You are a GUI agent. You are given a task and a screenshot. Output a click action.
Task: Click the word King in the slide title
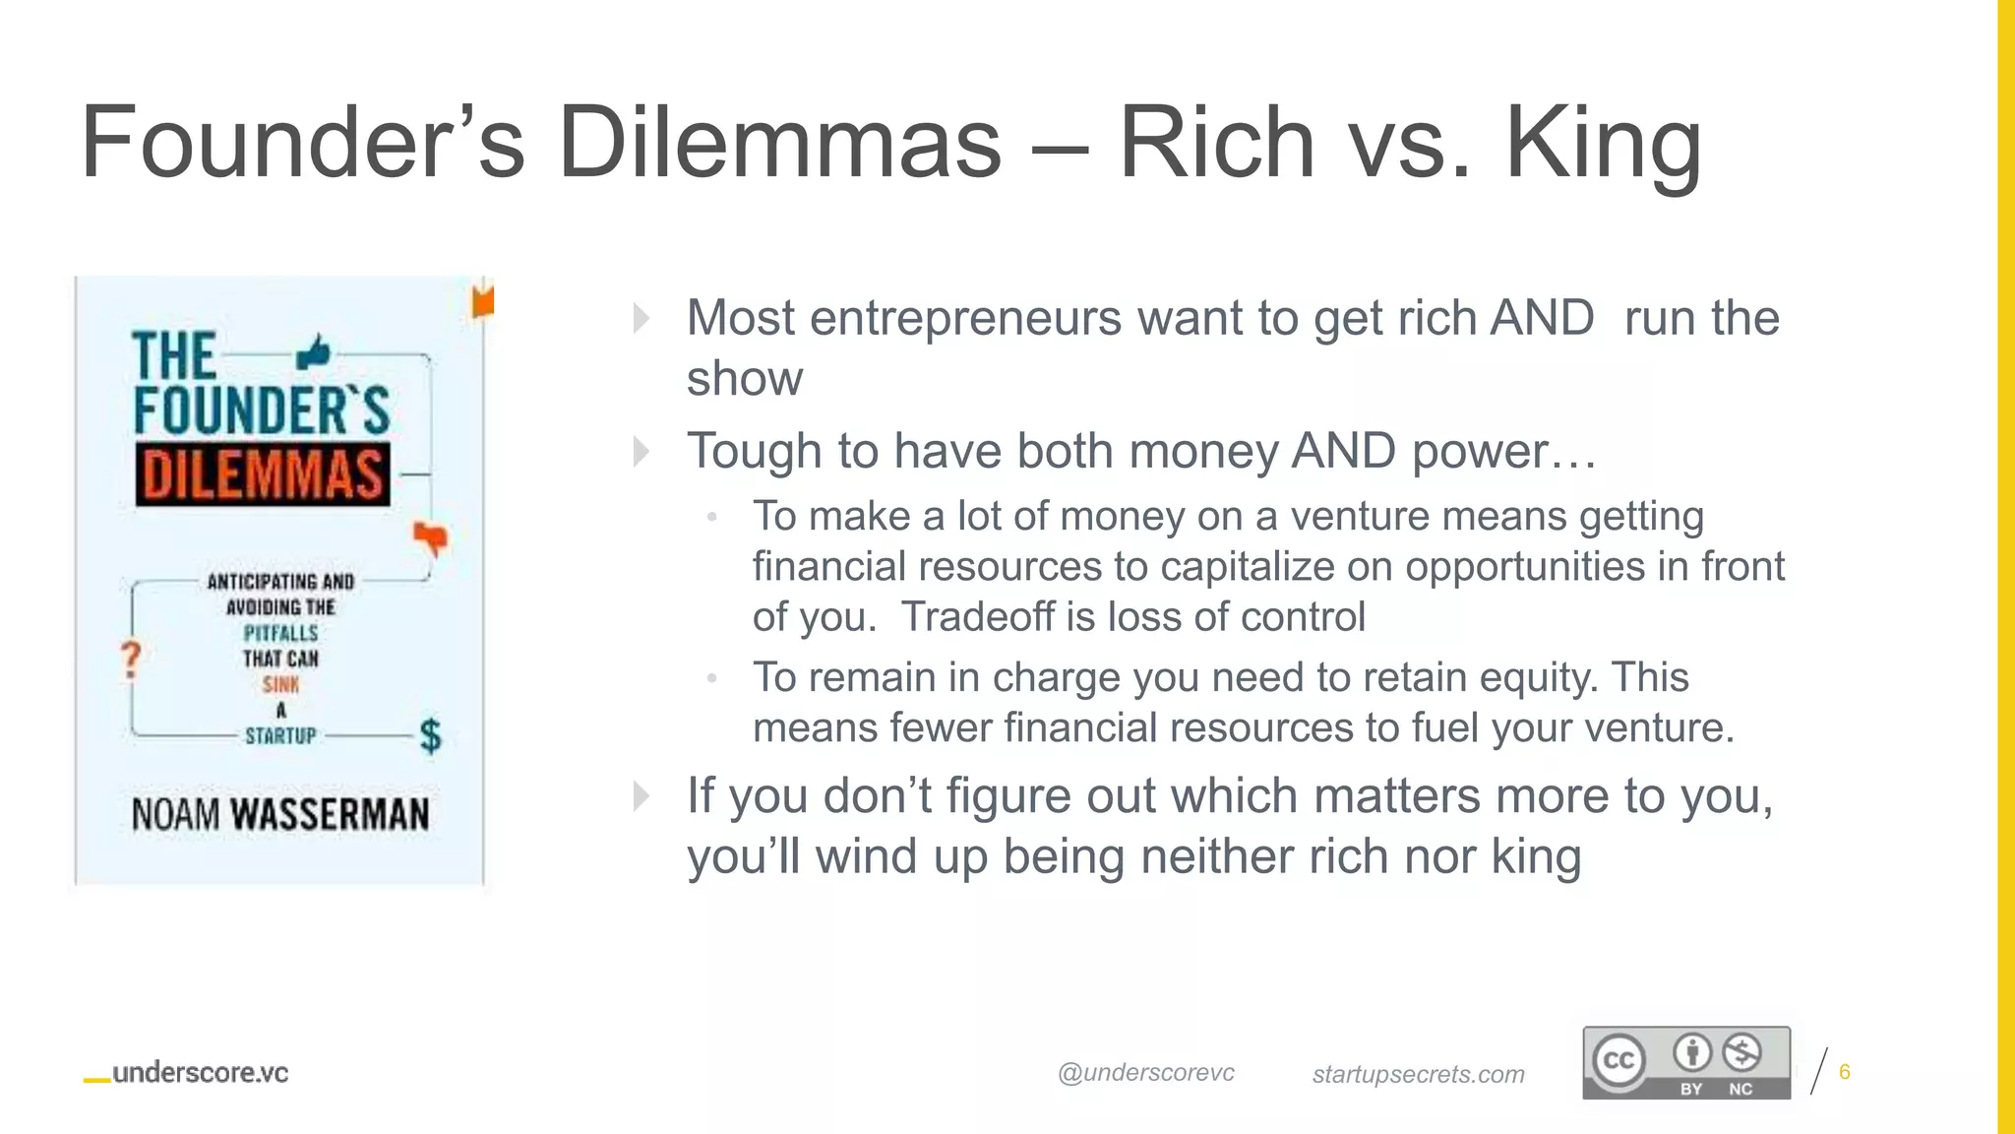tap(1603, 144)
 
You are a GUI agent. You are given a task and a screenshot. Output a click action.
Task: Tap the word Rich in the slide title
tap(1216, 144)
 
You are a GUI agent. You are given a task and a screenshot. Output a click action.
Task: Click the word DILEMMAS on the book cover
tap(263, 474)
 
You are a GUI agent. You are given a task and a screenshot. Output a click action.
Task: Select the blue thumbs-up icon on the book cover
tap(314, 351)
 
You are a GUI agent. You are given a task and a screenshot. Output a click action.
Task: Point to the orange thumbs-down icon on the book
tap(430, 537)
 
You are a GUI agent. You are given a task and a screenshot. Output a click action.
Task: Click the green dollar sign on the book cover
tap(430, 735)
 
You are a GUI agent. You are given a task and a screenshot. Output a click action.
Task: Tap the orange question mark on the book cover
tap(131, 660)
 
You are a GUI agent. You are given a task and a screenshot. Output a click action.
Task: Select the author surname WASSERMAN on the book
tap(330, 814)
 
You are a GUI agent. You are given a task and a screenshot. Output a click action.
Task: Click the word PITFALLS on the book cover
tap(281, 633)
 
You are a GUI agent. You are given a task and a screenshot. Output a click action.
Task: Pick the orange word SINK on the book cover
tap(280, 684)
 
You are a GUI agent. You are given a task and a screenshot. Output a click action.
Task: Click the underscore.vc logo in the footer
tap(187, 1073)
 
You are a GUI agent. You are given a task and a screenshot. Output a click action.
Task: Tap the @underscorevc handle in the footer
tap(1145, 1073)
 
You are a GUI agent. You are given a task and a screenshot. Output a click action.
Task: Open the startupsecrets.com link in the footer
tap(1418, 1074)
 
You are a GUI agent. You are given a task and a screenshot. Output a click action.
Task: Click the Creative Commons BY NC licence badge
tap(1685, 1062)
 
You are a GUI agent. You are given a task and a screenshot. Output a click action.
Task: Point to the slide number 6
tap(1844, 1072)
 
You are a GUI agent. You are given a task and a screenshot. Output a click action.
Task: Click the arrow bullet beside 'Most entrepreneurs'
tap(641, 318)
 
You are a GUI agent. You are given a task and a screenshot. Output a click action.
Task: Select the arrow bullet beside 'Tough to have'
tap(641, 452)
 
